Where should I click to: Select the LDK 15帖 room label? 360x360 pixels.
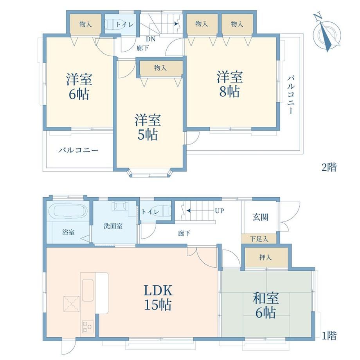[158, 297]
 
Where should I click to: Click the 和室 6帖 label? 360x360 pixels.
[266, 305]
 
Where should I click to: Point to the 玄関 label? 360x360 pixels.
[260, 217]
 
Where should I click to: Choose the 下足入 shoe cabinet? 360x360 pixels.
[259, 239]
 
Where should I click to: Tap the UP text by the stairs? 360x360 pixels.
[220, 211]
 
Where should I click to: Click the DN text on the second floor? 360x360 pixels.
[150, 39]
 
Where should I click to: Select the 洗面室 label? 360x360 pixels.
[113, 226]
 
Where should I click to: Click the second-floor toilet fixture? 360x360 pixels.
[110, 24]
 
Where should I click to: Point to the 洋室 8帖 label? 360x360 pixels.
[230, 84]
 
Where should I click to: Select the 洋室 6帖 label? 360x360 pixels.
[79, 86]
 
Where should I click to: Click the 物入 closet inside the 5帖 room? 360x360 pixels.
[160, 68]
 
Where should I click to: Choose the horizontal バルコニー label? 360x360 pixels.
[78, 150]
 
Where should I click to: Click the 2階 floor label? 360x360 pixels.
[329, 167]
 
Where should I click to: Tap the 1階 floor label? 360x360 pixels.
[329, 336]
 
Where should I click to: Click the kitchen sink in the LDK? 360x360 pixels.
[88, 290]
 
